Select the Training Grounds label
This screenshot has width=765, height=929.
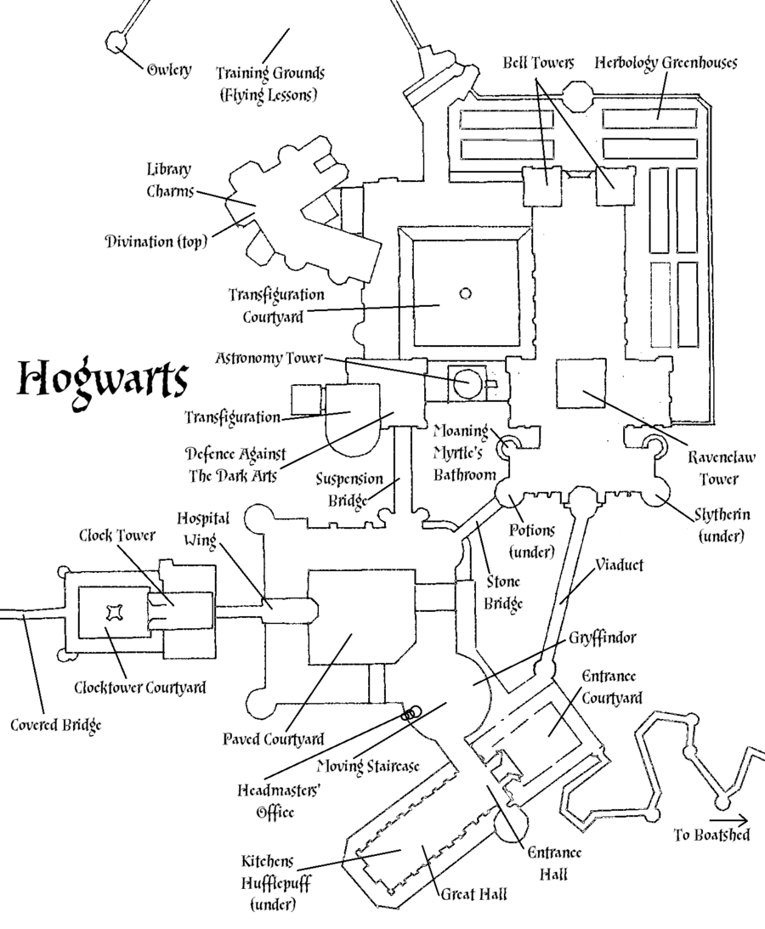click(x=267, y=82)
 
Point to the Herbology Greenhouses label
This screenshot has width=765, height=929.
click(x=666, y=64)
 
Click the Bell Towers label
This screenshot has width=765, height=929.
click(x=538, y=64)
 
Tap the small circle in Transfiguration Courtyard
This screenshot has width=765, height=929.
click(x=465, y=293)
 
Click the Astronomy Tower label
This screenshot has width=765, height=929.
click(x=269, y=358)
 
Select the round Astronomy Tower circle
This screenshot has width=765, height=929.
click(x=464, y=383)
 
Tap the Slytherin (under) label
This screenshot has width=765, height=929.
click(x=720, y=525)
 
